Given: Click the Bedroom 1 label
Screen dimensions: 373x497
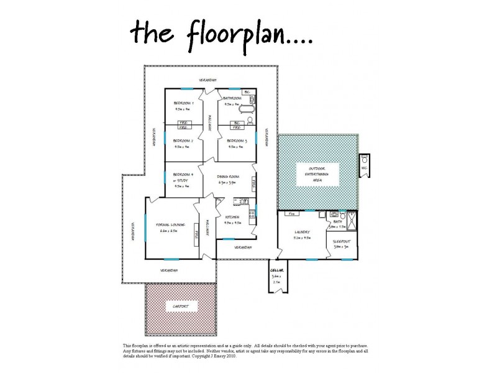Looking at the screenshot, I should [183, 103].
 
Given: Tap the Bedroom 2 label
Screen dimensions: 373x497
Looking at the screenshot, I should [183, 141].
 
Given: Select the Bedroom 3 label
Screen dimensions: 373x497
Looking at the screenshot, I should [237, 141].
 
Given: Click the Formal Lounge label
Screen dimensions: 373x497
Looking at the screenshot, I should [168, 224].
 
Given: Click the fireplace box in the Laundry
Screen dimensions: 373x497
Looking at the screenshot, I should [290, 214].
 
